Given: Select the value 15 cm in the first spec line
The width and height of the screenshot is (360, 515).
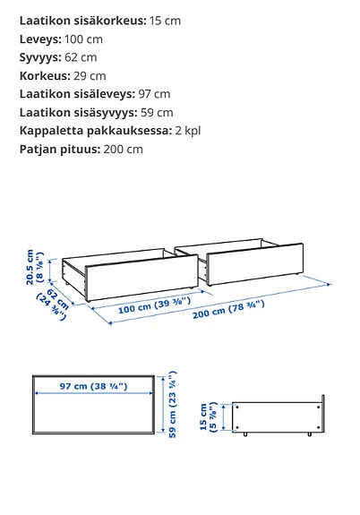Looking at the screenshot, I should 166,20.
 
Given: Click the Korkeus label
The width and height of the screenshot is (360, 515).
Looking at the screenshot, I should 46,75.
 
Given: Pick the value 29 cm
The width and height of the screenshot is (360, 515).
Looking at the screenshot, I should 91,75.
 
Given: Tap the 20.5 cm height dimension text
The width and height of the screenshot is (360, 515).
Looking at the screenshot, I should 35,267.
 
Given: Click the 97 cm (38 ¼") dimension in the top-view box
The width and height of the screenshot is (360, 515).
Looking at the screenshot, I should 95,386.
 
